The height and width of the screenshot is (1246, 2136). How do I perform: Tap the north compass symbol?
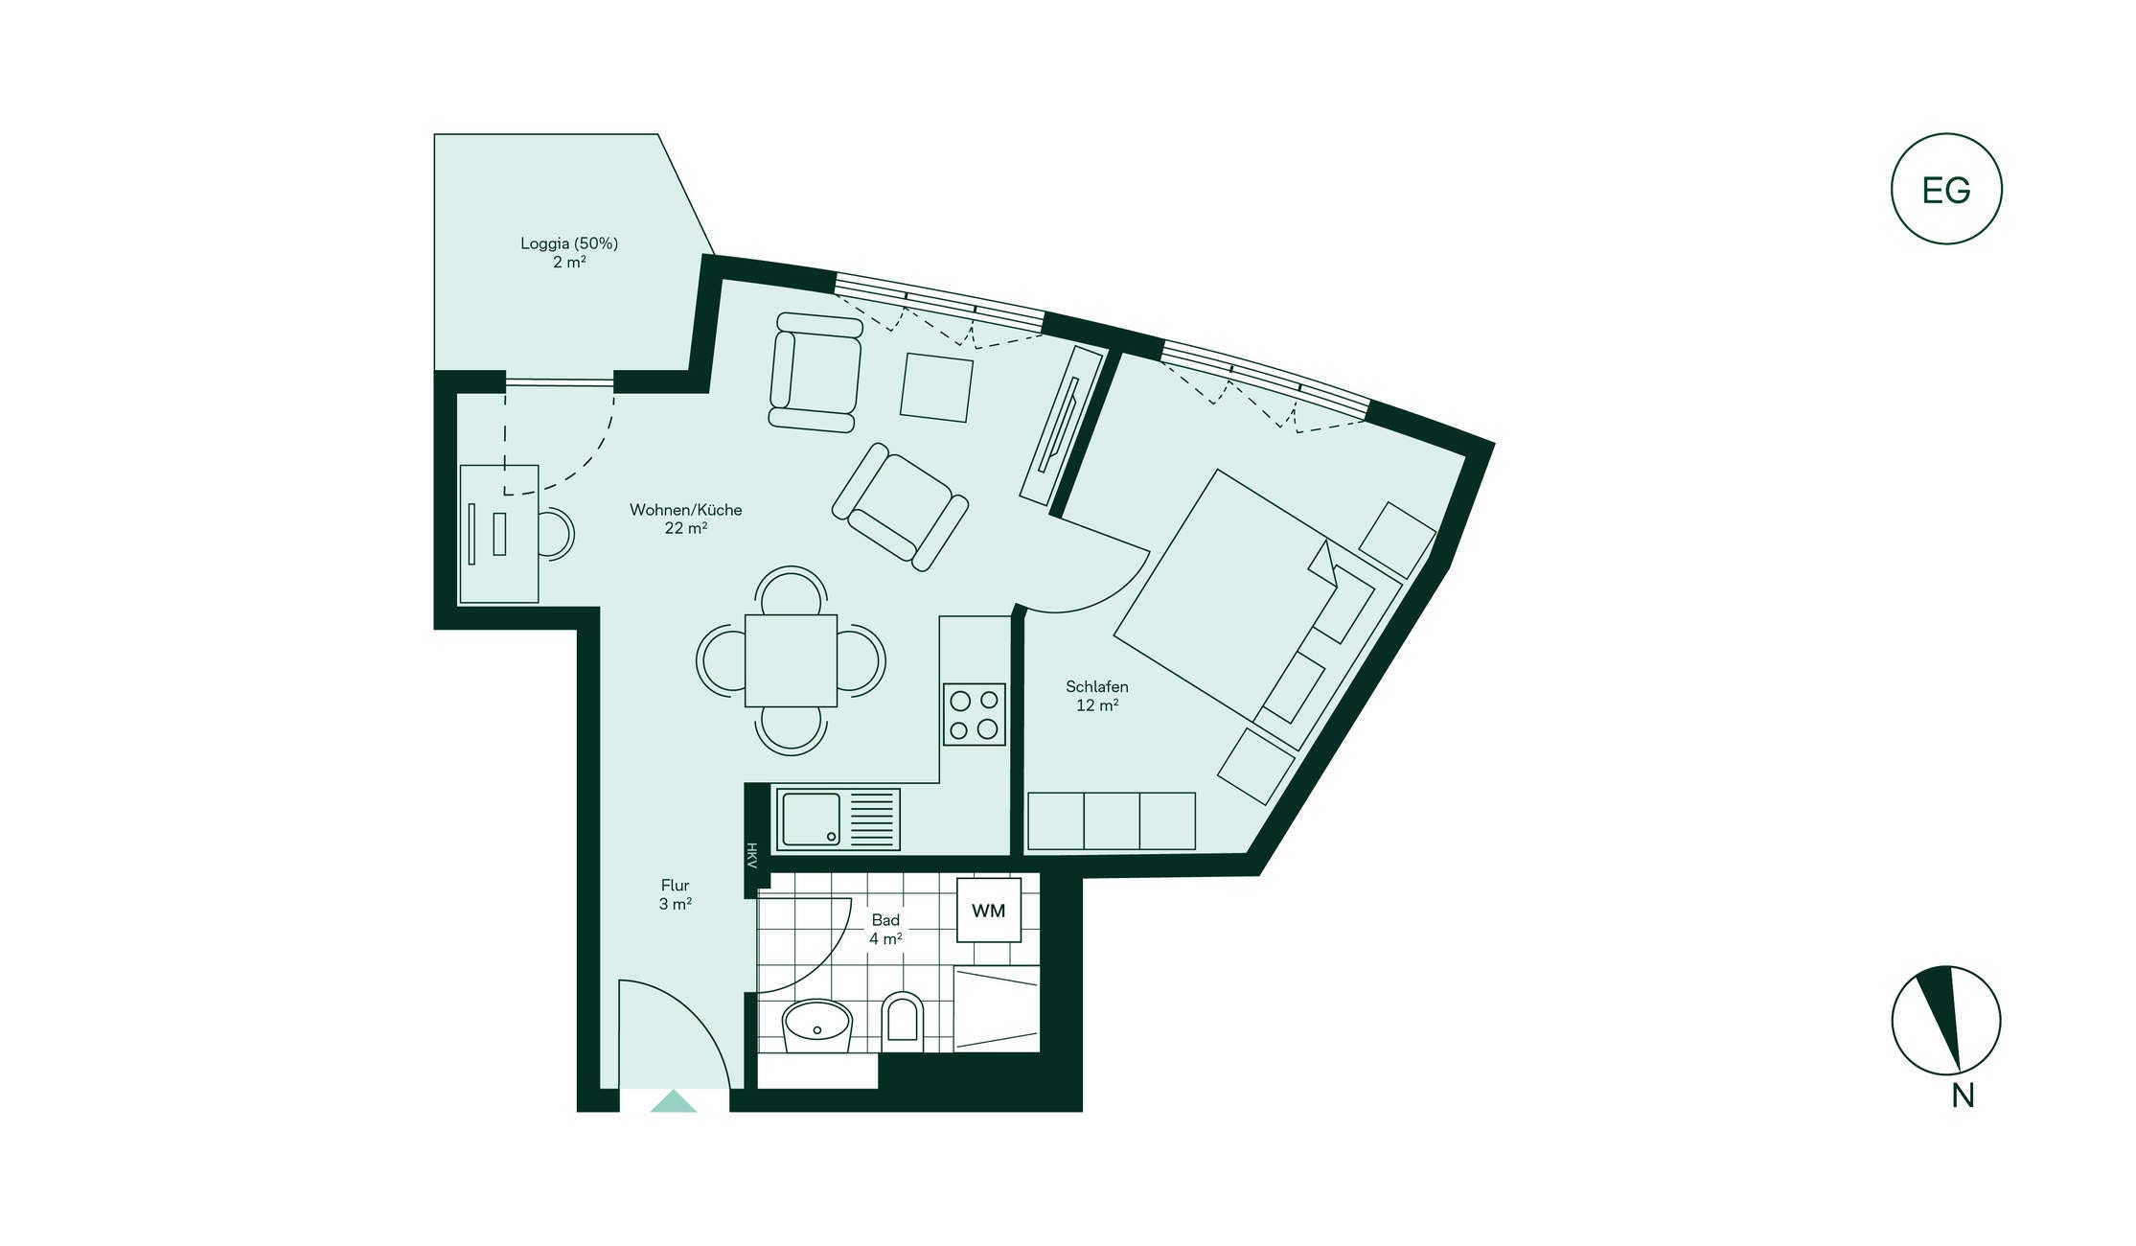click(1946, 1020)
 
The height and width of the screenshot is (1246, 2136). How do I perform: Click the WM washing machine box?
click(989, 910)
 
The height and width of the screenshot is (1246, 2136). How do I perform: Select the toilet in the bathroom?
click(902, 1018)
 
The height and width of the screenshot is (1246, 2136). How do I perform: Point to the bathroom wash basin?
click(817, 1027)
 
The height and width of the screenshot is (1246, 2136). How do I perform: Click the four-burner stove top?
click(974, 714)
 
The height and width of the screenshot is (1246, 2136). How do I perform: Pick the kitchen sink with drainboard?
click(838, 819)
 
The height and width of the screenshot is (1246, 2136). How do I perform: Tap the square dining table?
click(791, 660)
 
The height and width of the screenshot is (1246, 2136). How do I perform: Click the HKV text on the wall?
click(752, 856)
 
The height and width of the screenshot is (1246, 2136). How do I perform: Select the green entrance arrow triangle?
click(674, 1100)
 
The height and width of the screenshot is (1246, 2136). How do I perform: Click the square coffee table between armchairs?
click(936, 387)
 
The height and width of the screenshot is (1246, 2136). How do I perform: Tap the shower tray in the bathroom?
click(997, 1008)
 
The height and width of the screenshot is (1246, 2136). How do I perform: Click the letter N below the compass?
click(1963, 1096)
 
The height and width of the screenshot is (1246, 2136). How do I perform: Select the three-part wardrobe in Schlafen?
click(1112, 821)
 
